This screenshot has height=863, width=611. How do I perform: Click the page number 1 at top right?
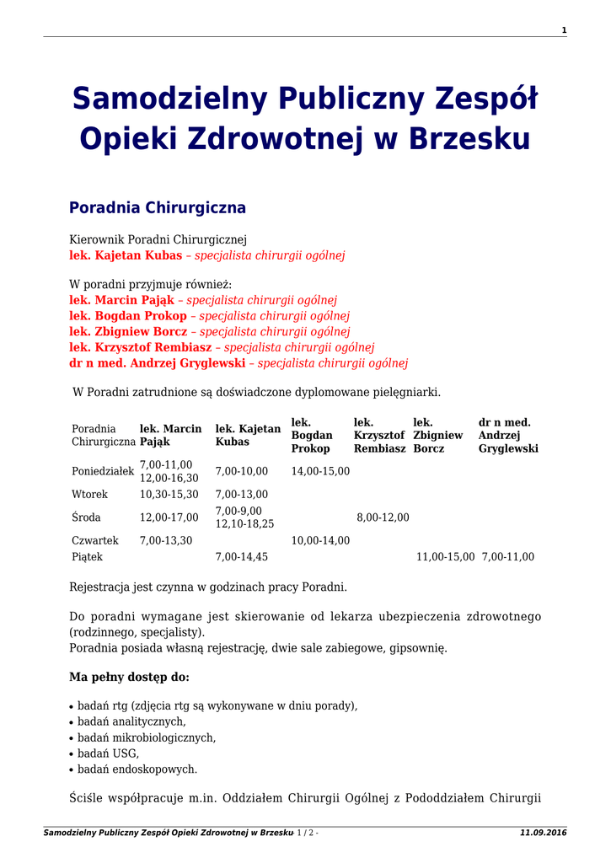(x=564, y=30)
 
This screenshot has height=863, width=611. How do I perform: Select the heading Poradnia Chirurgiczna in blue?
(x=158, y=207)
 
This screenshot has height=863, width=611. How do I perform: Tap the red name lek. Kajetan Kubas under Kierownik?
(x=126, y=255)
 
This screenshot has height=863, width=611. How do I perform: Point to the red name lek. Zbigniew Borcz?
(x=128, y=332)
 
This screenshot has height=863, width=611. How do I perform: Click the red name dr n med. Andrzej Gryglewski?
(x=158, y=363)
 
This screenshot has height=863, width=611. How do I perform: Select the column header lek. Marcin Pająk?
(x=170, y=435)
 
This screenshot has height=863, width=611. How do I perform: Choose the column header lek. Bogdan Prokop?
(x=311, y=435)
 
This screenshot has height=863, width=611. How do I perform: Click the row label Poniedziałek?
(x=103, y=471)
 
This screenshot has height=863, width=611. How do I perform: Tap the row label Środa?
(x=86, y=517)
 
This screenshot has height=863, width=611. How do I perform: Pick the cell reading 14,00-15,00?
(x=320, y=471)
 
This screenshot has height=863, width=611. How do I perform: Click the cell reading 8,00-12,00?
(x=383, y=517)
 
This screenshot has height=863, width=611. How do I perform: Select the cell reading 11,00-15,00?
(x=446, y=557)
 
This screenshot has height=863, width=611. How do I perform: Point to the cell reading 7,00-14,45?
(x=242, y=557)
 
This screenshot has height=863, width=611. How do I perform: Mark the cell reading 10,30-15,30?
(x=169, y=495)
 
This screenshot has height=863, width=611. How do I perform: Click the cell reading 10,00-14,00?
(x=320, y=540)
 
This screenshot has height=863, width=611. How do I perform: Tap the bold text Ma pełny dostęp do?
(x=129, y=677)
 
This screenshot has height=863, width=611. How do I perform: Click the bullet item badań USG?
(x=108, y=753)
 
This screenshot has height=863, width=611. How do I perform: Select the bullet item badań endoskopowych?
(x=137, y=769)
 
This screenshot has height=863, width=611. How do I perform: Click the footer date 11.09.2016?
(x=544, y=833)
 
